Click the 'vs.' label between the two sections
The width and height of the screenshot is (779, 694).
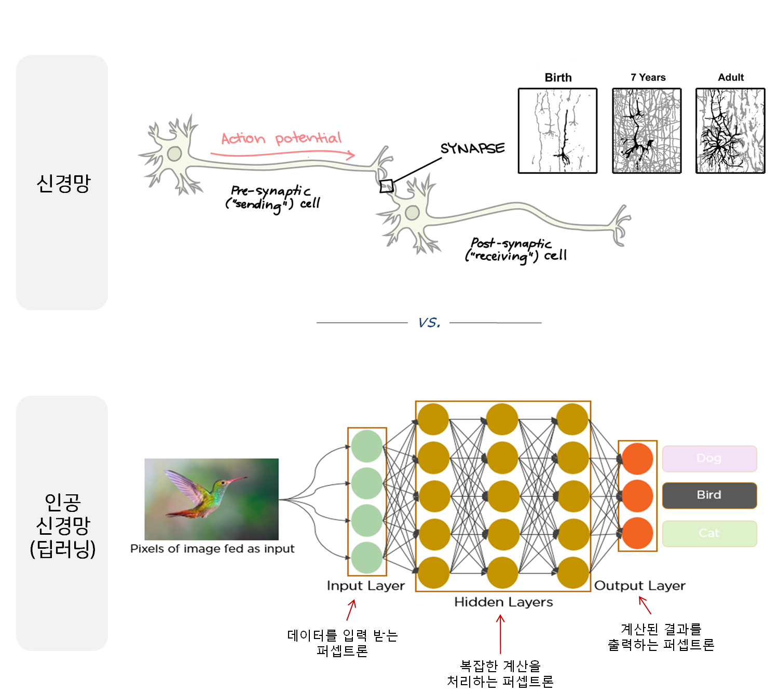coord(429,321)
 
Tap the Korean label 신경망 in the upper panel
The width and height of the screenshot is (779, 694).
coord(63,183)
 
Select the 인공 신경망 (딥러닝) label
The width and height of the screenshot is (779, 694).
coord(63,525)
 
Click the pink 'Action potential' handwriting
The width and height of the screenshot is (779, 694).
coord(281,138)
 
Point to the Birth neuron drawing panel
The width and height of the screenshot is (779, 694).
coord(557,131)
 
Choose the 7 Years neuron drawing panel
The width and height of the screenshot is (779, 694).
coord(647,131)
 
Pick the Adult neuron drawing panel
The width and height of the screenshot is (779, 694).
coord(730,131)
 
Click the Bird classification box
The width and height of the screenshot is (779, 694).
coord(709,495)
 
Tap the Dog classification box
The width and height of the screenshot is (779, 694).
coord(709,459)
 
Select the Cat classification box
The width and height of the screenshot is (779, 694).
coord(709,533)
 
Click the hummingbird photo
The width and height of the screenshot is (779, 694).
coord(211,499)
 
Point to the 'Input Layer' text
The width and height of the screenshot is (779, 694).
coord(365,586)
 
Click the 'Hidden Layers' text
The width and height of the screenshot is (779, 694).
coord(503,602)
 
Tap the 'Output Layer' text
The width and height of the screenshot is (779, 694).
coord(639,586)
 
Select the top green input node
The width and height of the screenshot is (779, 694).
coord(367,446)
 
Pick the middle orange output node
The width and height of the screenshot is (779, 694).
coord(637,496)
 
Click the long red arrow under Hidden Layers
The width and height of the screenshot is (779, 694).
coord(500,634)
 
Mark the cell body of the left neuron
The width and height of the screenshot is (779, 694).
coord(174,154)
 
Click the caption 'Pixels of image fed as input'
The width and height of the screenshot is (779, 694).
coord(212,549)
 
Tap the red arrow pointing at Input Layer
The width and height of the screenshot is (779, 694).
coord(351,610)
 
